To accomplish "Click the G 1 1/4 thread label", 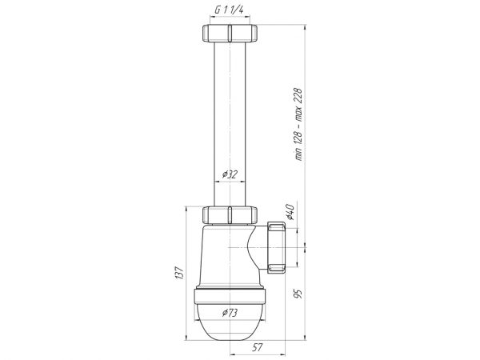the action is (x=229, y=10).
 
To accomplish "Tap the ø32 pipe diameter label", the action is (x=230, y=174).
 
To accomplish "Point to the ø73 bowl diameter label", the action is (x=230, y=313).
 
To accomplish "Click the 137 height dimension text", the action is (x=179, y=273).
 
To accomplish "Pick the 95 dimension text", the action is (x=298, y=294).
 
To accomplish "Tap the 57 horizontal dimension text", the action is (x=258, y=347).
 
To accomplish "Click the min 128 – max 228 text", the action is (x=298, y=124).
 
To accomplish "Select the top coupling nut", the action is (x=230, y=33).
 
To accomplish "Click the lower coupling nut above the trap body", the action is (x=230, y=215).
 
